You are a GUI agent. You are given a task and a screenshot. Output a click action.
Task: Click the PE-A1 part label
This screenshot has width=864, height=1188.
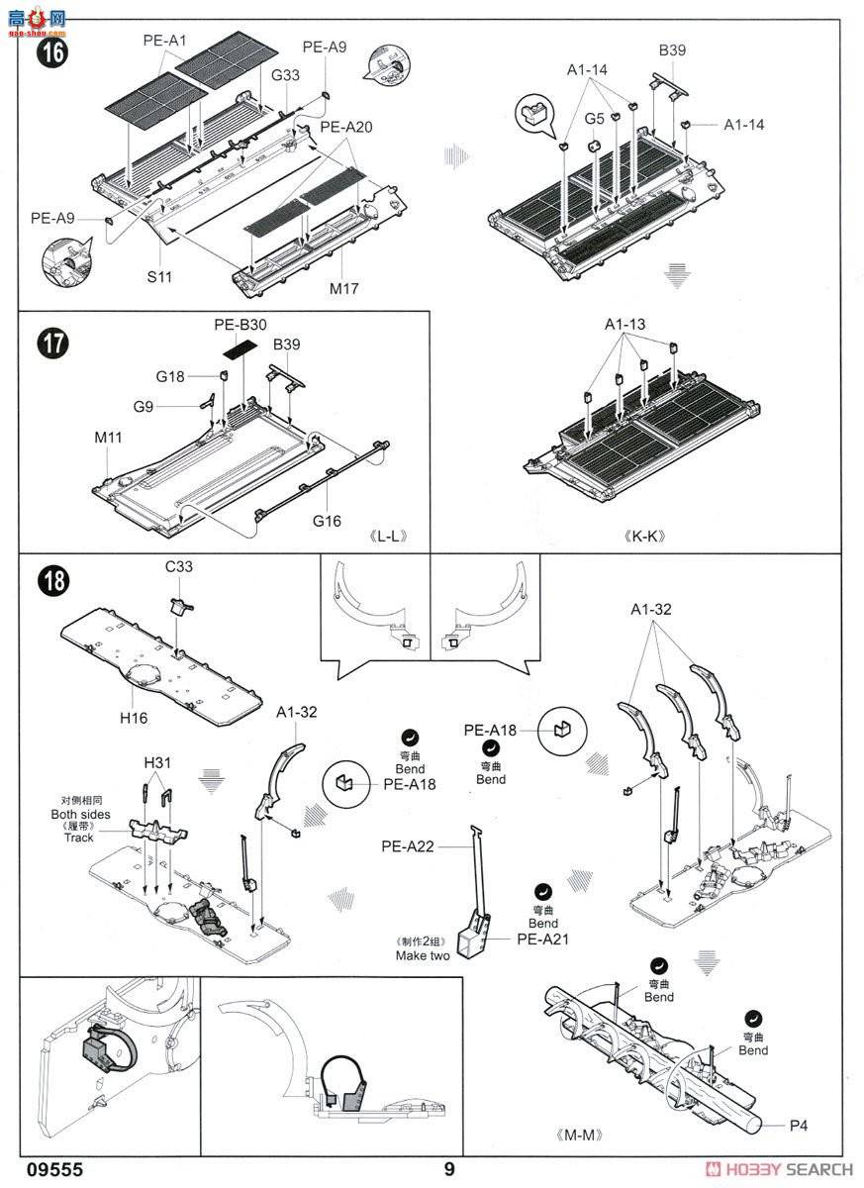pos(164,41)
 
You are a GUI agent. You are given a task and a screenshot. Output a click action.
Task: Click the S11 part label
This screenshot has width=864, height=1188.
pos(159,277)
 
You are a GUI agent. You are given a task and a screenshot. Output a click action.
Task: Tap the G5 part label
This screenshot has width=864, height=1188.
pos(594,119)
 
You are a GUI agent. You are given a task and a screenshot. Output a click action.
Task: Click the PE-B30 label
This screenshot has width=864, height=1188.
pos(240,325)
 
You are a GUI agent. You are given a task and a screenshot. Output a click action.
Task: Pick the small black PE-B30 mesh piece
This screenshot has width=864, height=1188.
pos(239,348)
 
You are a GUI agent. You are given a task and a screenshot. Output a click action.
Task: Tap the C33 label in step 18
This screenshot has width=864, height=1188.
pos(178,567)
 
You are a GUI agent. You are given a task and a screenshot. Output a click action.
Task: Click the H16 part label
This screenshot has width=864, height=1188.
pos(134,717)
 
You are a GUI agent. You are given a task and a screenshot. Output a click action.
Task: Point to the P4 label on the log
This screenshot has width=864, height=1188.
pos(800,1126)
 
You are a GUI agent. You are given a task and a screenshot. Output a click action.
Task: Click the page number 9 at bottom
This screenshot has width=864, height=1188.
pos(448,1169)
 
